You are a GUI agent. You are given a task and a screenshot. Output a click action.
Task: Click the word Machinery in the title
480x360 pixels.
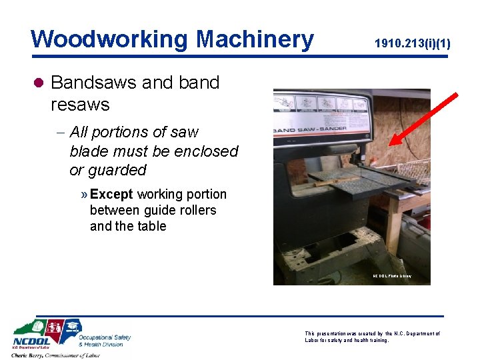tap(255, 39)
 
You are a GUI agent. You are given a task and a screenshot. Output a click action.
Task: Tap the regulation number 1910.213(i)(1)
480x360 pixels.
tap(412, 44)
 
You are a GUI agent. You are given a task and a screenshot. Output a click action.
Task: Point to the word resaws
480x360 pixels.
tap(80, 105)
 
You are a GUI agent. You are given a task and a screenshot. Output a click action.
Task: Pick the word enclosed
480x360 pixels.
tap(205, 151)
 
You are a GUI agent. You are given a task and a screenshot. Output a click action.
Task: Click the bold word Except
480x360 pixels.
tap(111, 194)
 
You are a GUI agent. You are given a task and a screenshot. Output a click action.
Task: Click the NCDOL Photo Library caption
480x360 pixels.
tap(392, 276)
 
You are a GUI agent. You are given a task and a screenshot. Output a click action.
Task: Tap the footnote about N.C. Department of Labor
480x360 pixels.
tap(371, 337)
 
